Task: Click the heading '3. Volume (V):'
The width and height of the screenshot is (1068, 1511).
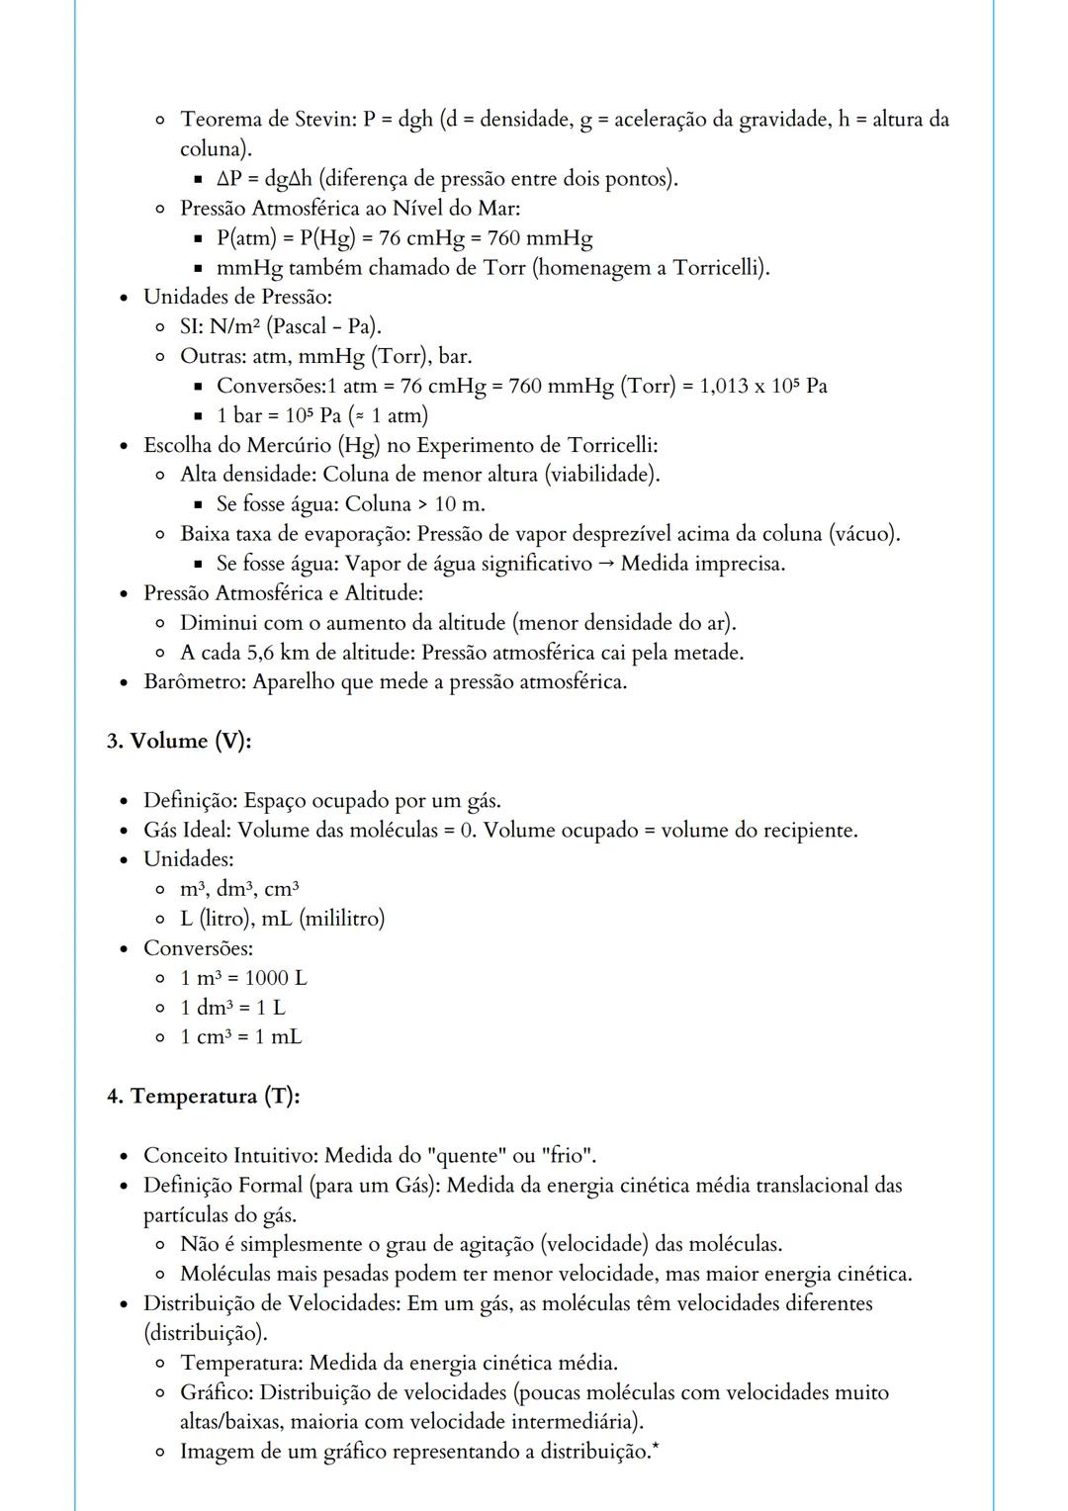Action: [x=179, y=741]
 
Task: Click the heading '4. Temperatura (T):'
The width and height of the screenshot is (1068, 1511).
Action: [x=204, y=1096]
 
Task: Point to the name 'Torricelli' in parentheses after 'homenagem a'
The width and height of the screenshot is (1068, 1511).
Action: [x=717, y=268]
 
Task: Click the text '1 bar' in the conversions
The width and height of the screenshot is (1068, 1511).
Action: [x=239, y=415]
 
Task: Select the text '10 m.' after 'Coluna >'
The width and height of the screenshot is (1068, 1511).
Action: [x=460, y=504]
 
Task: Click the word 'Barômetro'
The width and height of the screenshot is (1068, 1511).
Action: [x=195, y=682]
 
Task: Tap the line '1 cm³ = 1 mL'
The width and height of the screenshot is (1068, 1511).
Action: [x=240, y=1037]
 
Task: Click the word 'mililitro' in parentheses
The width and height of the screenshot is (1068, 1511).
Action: [x=341, y=919]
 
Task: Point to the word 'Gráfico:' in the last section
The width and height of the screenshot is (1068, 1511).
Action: [x=217, y=1392]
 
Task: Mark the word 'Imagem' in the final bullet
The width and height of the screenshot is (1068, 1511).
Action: [x=217, y=1452]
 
